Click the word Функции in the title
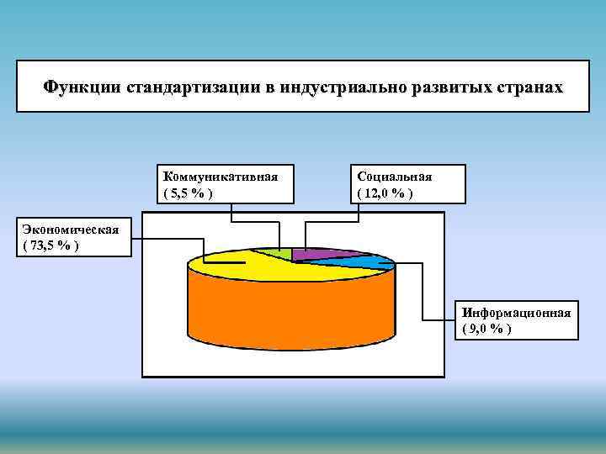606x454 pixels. [82, 87]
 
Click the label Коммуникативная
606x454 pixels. [221, 177]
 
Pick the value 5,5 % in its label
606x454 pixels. [187, 193]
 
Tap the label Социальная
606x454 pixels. [395, 177]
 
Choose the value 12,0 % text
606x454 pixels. [385, 193]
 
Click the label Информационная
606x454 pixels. [517, 313]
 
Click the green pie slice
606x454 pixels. [283, 253]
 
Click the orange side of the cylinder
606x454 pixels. [290, 328]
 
